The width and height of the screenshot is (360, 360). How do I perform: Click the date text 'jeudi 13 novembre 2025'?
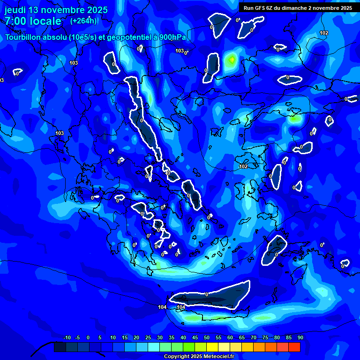[56, 10]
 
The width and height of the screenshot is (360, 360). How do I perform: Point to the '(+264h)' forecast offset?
[83, 21]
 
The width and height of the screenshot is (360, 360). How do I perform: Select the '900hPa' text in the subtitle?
[171, 37]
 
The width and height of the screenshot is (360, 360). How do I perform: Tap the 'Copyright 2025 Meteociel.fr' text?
[198, 357]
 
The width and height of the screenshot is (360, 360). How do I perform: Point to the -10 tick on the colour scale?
[67, 337]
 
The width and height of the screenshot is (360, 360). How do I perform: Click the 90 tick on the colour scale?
[300, 337]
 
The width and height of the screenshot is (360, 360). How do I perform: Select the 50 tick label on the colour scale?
[207, 337]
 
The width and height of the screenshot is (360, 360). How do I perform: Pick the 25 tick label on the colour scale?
[148, 337]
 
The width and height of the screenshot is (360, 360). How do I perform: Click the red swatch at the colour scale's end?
[294, 347]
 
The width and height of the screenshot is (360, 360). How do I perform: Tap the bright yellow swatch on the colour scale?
[212, 347]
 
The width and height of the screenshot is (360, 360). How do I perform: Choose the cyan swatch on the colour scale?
[154, 347]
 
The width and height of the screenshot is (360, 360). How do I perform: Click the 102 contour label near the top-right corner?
[324, 33]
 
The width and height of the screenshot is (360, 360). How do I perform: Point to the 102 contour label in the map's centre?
[243, 166]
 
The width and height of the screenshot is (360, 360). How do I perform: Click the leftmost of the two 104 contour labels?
[162, 307]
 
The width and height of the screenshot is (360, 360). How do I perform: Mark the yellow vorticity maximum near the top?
[231, 60]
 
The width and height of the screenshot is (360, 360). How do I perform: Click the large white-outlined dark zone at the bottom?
[211, 296]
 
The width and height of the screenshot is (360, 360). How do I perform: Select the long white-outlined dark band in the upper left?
[141, 117]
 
